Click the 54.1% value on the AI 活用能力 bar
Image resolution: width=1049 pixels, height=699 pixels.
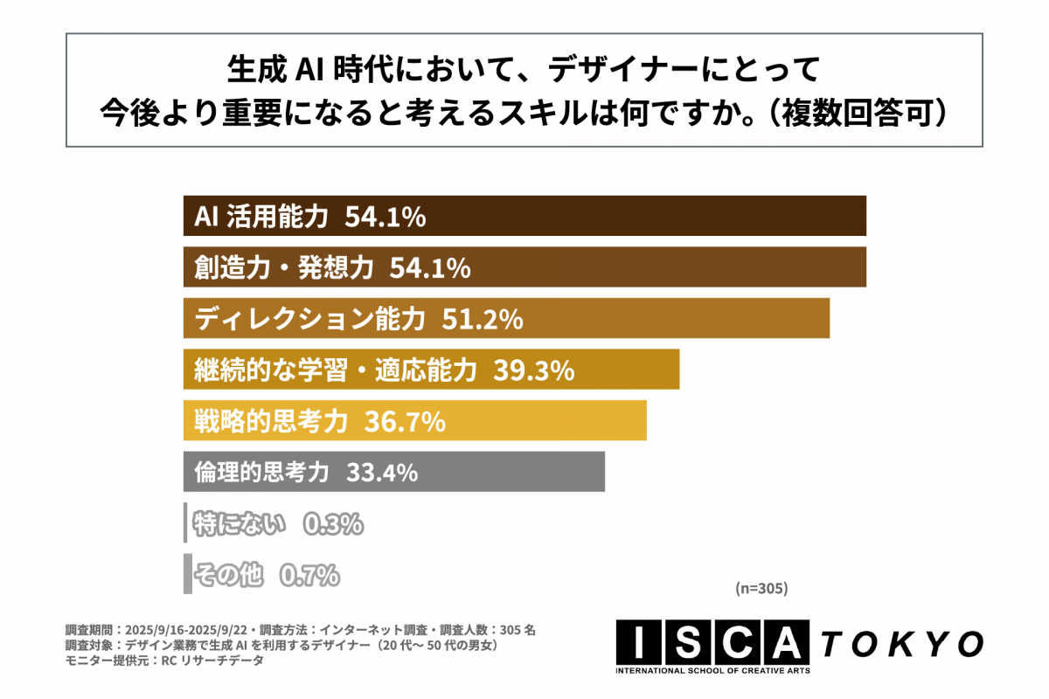tap(385, 217)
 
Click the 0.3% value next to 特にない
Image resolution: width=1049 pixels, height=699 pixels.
tap(332, 524)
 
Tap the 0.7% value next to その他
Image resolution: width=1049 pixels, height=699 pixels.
tap(309, 575)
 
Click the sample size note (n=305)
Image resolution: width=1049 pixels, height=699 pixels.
tap(762, 590)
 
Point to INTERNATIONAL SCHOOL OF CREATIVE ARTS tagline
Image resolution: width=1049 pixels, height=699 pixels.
tap(712, 671)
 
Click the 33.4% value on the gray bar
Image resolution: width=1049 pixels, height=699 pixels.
tap(382, 473)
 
